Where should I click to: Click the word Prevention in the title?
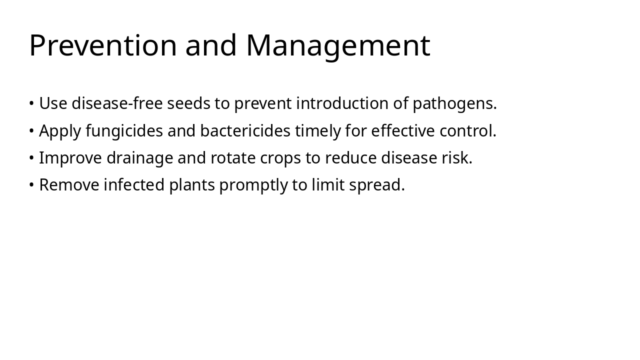click(103, 45)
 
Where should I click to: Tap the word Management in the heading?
click(338, 45)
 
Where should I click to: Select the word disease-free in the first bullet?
click(117, 103)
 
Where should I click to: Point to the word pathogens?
click(454, 103)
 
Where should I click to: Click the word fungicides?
click(124, 131)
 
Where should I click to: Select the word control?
click(468, 131)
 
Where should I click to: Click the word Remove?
click(69, 185)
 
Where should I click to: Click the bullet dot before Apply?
click(31, 131)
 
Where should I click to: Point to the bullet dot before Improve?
click(31, 158)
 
